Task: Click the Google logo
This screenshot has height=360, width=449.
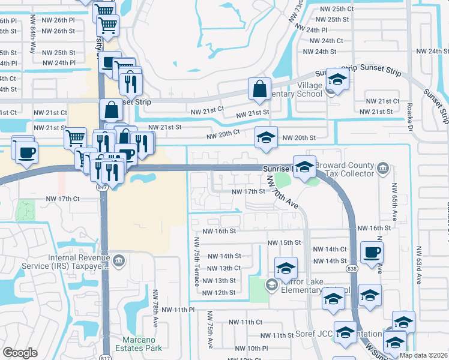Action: (20, 353)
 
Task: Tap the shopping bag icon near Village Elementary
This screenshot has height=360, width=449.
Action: (260, 89)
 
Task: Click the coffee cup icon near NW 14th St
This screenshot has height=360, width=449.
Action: (371, 252)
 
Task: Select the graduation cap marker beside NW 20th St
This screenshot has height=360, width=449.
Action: (266, 138)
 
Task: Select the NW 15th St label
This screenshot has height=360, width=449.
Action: (284, 242)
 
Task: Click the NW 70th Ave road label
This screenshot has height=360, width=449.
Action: (282, 191)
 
